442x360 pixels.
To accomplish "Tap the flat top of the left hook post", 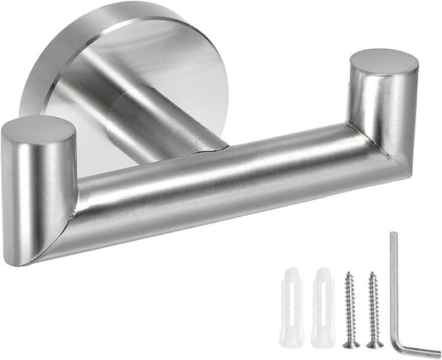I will click(x=36, y=131).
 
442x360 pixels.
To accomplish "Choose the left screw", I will click(x=352, y=307).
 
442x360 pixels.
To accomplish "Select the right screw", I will click(x=375, y=307).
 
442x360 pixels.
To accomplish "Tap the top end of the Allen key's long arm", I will click(x=394, y=236).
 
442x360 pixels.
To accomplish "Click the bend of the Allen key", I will click(x=402, y=343).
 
